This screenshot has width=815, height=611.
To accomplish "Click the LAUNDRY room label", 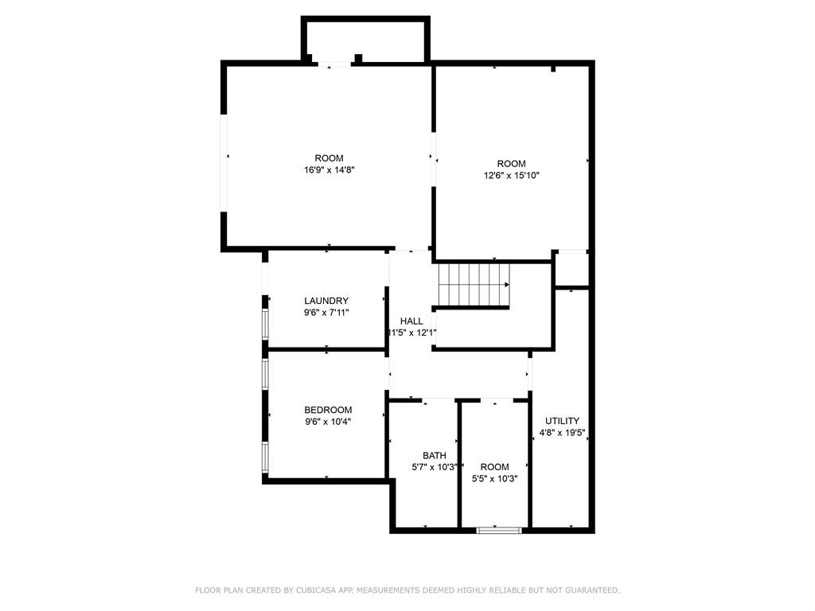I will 326,301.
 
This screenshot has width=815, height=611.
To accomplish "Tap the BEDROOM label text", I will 327,411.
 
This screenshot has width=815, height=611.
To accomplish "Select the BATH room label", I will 434,456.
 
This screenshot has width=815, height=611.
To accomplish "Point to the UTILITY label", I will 562,421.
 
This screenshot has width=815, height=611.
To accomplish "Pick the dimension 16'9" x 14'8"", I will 329,169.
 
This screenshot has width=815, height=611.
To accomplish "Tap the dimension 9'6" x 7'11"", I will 326,313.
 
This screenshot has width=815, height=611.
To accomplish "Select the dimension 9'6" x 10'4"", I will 327,422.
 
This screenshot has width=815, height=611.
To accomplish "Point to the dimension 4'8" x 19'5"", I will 562,434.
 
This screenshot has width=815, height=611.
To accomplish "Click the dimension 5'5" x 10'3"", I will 494,479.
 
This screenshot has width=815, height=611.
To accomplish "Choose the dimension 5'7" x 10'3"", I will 434,468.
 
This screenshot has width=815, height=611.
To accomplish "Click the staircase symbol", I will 473,285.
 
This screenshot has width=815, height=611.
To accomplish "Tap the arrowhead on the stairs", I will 506,284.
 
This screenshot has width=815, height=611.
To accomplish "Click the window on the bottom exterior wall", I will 499,530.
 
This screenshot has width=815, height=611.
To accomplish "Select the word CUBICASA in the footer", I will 314,590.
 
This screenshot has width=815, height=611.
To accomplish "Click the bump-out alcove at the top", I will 365,38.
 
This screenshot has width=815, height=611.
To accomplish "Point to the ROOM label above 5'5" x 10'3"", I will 494,467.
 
